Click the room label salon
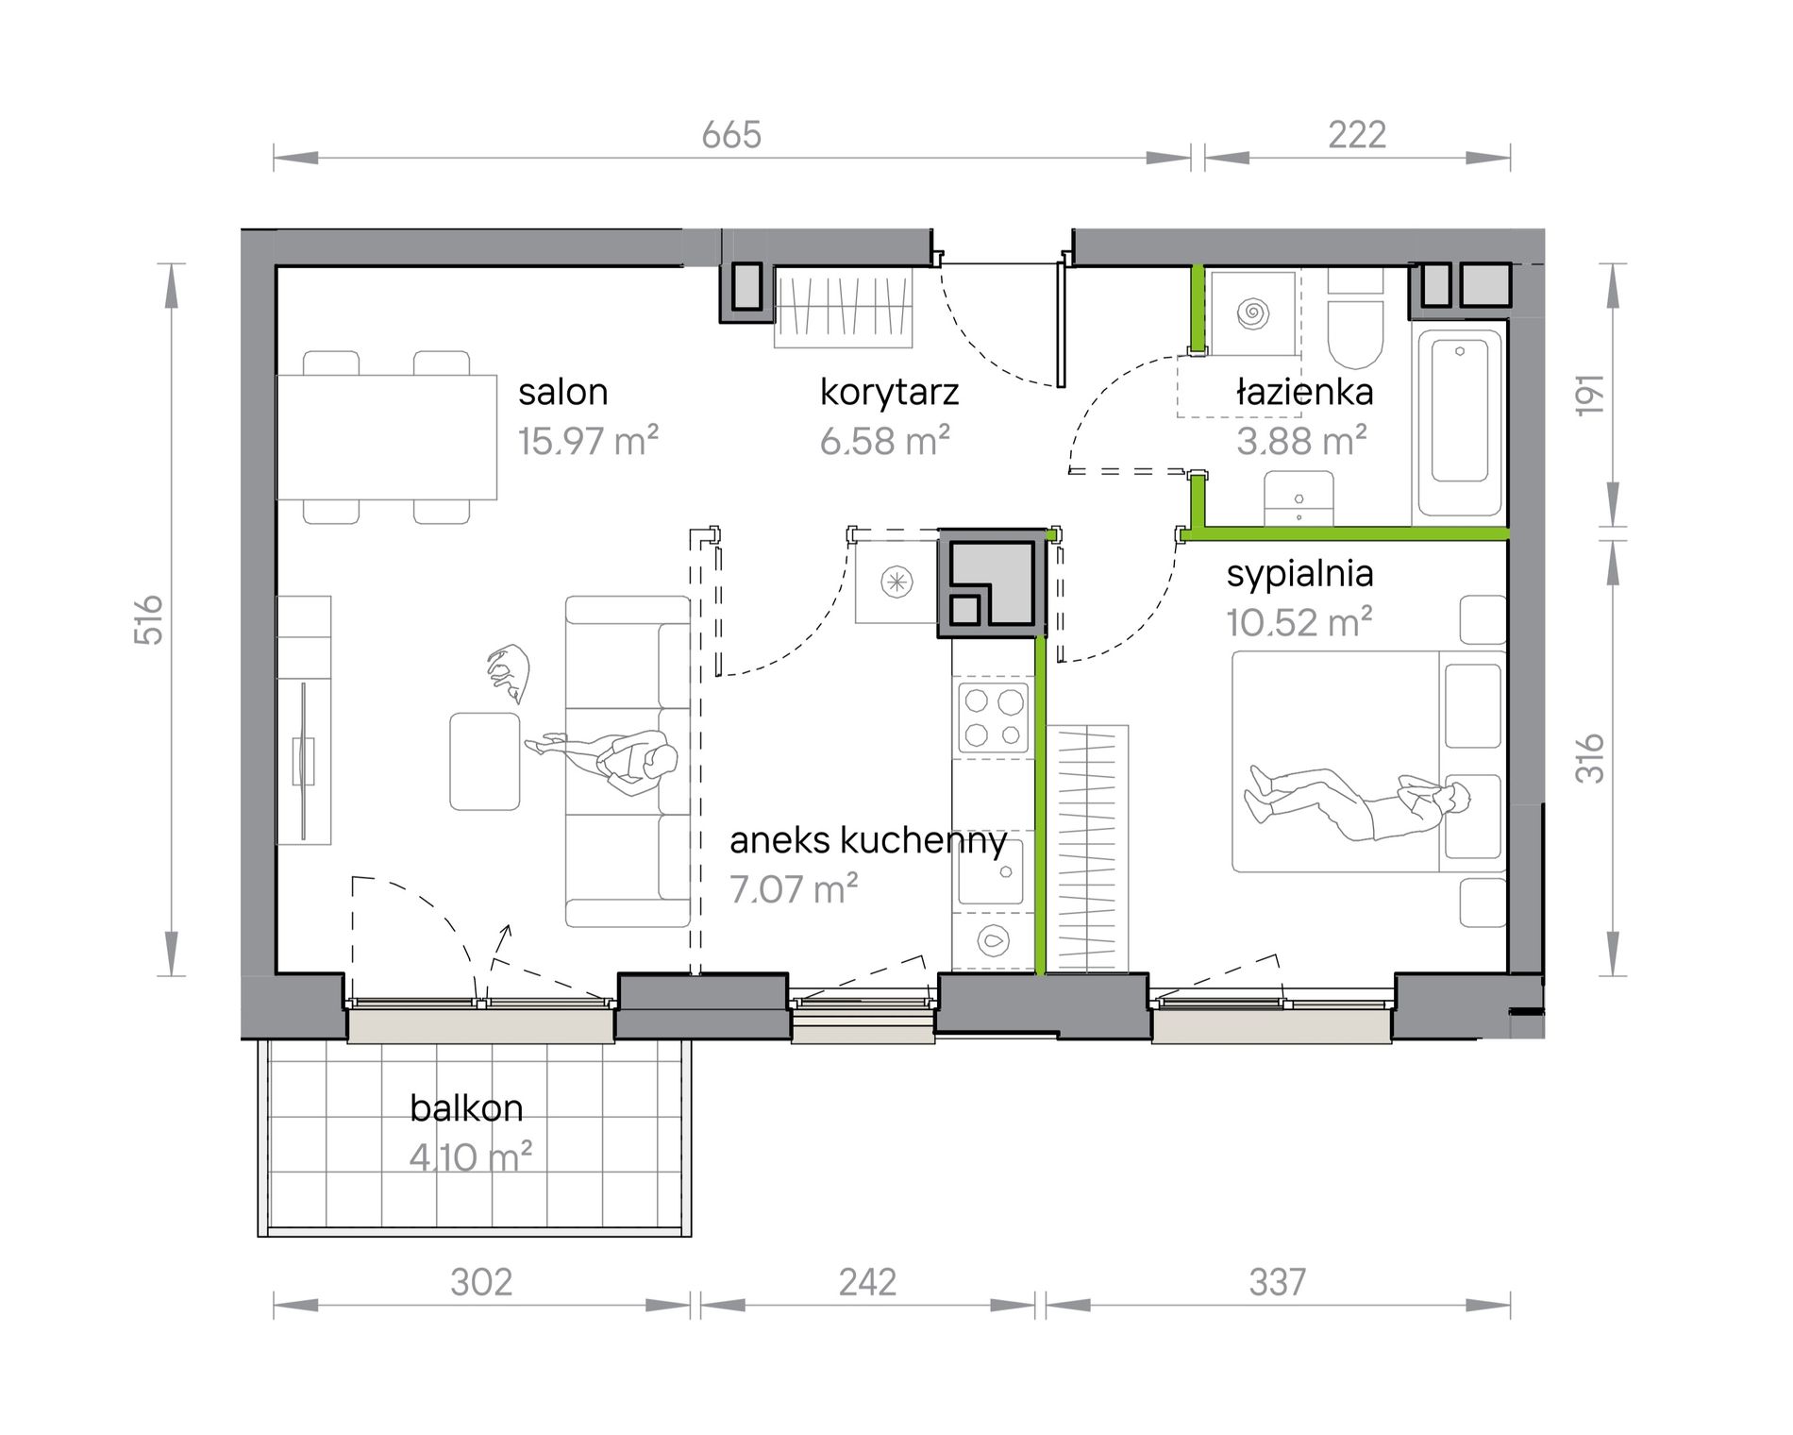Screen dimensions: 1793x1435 (x=562, y=392)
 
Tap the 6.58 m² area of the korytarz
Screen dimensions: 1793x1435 (x=884, y=441)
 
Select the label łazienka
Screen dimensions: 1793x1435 (x=1305, y=391)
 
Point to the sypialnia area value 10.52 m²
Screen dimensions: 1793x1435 (x=1299, y=623)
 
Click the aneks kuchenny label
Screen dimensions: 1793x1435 (x=868, y=840)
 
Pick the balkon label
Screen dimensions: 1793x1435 (x=466, y=1107)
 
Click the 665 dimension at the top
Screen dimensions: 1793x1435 (x=731, y=135)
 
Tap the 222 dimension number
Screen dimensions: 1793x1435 (x=1357, y=135)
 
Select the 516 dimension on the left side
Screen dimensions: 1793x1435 (x=149, y=619)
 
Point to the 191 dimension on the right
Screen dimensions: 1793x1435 (x=1590, y=395)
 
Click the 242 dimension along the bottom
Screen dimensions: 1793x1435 (x=867, y=1282)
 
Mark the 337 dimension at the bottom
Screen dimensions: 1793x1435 (x=1278, y=1282)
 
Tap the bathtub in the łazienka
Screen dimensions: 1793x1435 (x=1459, y=424)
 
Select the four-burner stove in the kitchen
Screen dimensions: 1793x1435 (x=994, y=717)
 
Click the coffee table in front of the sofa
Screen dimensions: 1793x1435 (x=485, y=762)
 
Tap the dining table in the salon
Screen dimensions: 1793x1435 (x=387, y=437)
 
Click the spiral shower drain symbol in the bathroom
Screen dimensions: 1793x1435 (x=1254, y=312)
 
